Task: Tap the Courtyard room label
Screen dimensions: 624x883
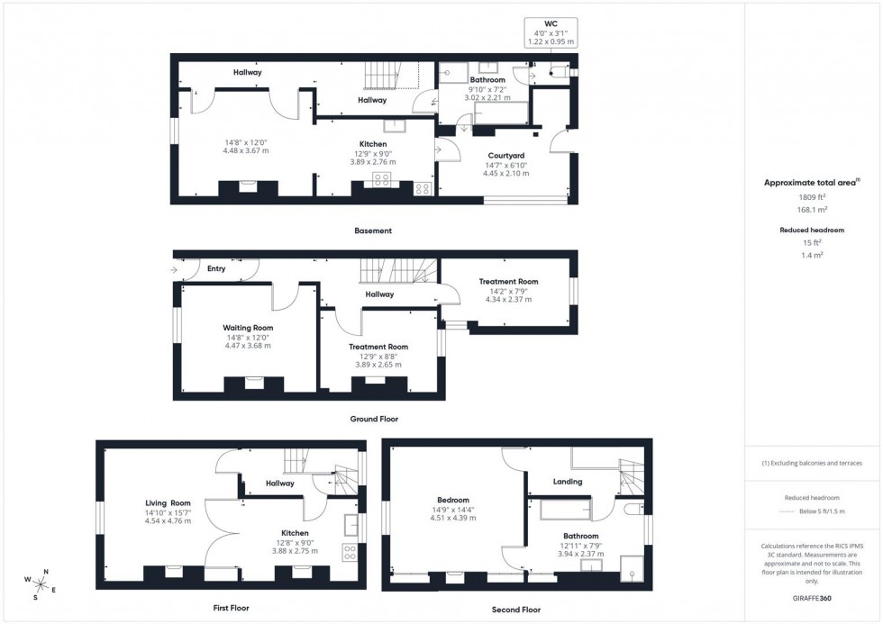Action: coord(505,155)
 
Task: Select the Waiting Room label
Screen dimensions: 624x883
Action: coord(248,328)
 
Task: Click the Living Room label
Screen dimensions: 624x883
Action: coord(168,502)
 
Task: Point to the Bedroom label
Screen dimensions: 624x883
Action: coord(452,500)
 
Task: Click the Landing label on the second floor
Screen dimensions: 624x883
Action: coord(568,481)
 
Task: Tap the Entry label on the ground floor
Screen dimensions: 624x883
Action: coord(216,268)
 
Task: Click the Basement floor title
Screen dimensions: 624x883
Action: coord(373,231)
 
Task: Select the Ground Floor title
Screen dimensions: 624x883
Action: coord(374,419)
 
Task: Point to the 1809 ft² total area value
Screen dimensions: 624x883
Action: coord(812,196)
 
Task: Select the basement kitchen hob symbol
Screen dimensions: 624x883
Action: coord(381,179)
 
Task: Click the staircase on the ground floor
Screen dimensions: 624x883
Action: coord(396,270)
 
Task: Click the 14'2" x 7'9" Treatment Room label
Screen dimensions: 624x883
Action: coord(508,282)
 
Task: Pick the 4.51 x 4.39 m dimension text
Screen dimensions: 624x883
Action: coord(452,518)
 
